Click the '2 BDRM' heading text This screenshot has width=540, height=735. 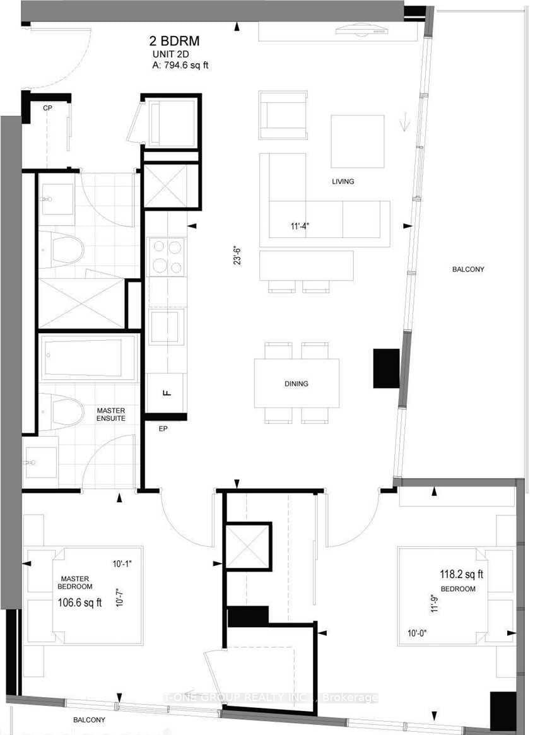point(174,42)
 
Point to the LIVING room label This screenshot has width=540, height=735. point(343,182)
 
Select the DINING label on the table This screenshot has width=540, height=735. point(296,384)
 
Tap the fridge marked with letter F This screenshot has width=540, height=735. point(167,392)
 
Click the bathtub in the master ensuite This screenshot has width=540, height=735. point(88,358)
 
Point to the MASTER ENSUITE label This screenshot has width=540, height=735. point(111,414)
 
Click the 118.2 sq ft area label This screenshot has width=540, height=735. point(461,575)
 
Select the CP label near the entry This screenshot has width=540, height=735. point(47,109)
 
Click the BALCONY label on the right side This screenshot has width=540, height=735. point(467,269)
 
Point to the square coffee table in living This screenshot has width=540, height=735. point(358,141)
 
